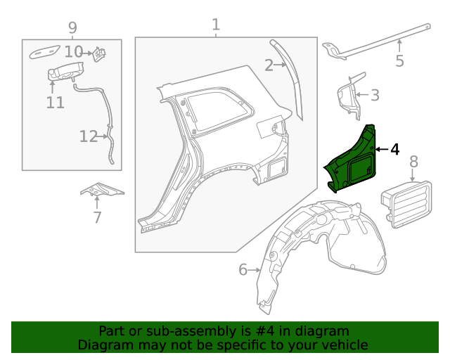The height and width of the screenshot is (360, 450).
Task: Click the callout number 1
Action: point(216,25)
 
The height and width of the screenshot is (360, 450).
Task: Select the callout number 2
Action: point(269,66)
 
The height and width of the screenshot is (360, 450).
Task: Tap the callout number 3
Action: point(375,94)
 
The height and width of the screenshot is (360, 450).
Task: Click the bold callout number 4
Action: point(394,149)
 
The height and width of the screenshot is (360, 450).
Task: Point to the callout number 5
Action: point(399,61)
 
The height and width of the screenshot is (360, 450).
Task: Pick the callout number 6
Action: point(243,270)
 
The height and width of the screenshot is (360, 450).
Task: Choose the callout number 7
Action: point(98,217)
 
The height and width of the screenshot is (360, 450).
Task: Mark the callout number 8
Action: point(413,162)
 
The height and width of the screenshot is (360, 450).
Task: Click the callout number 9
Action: point(72,28)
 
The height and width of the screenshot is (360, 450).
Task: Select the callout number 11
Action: point(56,103)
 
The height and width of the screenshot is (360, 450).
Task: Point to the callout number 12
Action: point(89,136)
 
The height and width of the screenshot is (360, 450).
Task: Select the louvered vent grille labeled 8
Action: point(408,200)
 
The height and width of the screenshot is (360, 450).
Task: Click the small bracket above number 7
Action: point(101,189)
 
